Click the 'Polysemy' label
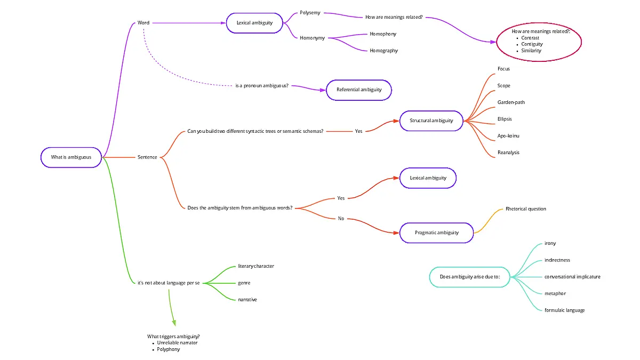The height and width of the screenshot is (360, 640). [310, 13]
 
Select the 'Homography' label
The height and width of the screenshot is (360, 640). [383, 51]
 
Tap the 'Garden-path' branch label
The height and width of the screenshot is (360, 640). [511, 102]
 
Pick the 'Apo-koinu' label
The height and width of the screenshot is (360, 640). [508, 136]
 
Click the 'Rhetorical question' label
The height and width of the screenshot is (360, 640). [526, 209]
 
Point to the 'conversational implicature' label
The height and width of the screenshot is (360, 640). [572, 277]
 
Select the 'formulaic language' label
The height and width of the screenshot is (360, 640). [565, 310]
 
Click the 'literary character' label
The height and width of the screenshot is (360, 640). [256, 266]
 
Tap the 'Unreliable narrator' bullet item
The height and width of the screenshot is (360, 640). [177, 343]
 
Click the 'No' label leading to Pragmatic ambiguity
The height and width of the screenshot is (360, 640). [341, 219]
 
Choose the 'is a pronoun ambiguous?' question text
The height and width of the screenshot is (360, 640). [262, 86]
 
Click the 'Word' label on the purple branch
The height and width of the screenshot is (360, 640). [143, 23]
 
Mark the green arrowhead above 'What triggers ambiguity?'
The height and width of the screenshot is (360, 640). [174, 323]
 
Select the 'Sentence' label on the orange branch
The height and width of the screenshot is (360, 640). [147, 157]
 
